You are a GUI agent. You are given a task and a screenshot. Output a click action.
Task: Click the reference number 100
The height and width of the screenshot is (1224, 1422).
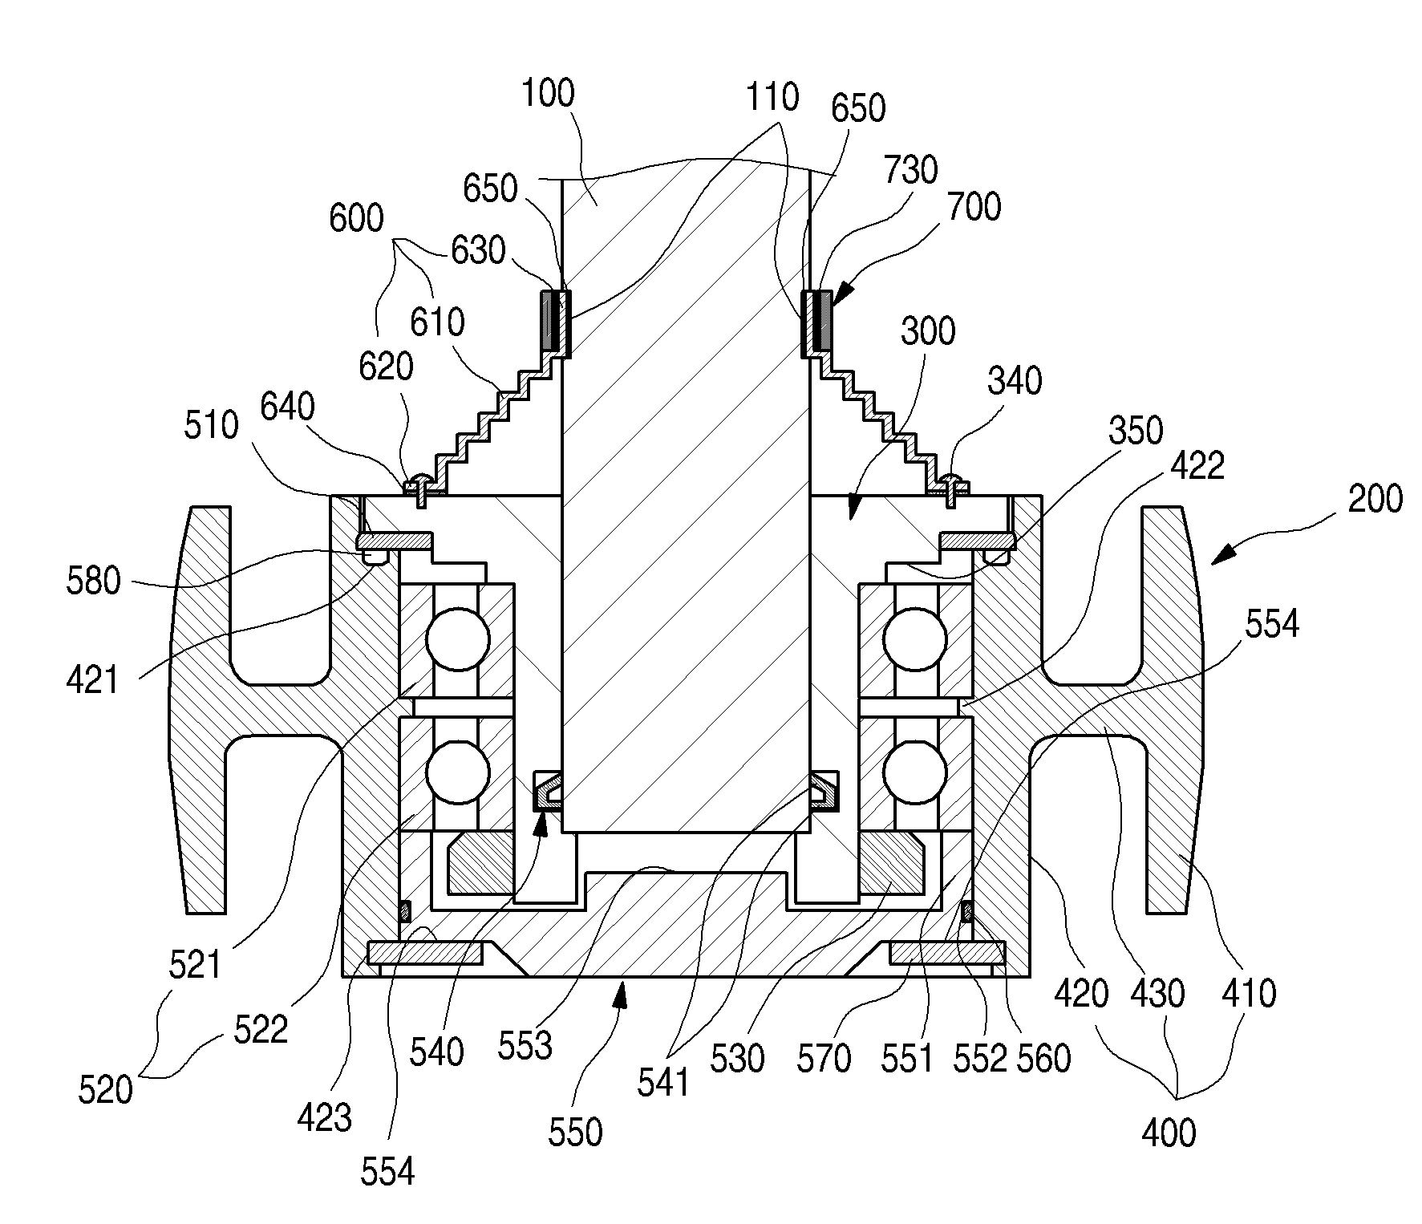[x=548, y=93]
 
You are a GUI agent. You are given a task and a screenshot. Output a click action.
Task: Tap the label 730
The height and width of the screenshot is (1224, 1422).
[x=911, y=170]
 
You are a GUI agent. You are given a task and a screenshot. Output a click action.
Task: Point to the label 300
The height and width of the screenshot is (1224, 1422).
[x=928, y=330]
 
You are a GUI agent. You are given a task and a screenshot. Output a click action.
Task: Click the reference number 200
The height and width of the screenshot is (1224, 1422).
[x=1375, y=499]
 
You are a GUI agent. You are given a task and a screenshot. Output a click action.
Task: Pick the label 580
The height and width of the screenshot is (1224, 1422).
[x=94, y=580]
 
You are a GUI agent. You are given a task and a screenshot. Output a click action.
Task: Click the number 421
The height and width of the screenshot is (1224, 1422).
[x=92, y=680]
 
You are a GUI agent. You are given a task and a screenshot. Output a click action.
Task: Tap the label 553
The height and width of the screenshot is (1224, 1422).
[x=525, y=1046]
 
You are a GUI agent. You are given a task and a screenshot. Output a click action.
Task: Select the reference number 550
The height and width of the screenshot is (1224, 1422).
[x=576, y=1132]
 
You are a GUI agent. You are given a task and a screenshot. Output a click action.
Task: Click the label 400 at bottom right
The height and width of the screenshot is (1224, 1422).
[x=1168, y=1133]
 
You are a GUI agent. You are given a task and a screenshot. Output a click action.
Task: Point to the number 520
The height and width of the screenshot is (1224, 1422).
[x=105, y=1090]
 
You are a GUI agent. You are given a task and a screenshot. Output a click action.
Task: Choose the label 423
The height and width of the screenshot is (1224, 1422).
[x=325, y=1117]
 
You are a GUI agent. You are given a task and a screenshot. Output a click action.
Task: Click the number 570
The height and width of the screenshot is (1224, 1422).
[x=824, y=1059]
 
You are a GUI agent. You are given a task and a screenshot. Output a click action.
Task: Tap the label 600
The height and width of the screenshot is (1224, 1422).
[x=356, y=218]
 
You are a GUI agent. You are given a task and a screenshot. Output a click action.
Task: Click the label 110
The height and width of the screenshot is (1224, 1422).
[x=772, y=97]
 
